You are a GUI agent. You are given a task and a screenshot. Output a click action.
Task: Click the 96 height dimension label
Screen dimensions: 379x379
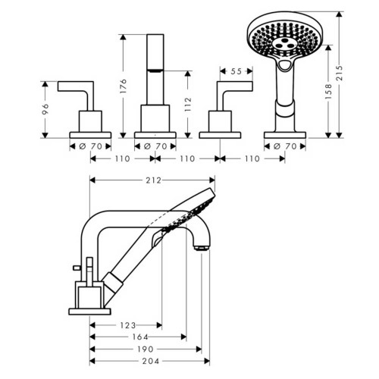pyautogui.click(x=45, y=109)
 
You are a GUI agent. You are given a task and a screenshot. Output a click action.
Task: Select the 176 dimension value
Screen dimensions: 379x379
pyautogui.click(x=123, y=86)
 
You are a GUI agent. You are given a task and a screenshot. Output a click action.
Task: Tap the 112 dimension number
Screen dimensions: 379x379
pyautogui.click(x=188, y=105)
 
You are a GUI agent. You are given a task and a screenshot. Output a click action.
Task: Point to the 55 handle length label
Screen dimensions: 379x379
pyautogui.click(x=236, y=71)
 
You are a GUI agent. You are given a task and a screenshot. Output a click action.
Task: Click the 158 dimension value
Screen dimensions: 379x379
pyautogui.click(x=328, y=92)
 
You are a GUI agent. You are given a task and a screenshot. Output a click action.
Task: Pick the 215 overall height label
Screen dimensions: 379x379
pyautogui.click(x=340, y=74)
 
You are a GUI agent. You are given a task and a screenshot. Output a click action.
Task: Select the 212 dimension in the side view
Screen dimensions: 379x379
pyautogui.click(x=153, y=180)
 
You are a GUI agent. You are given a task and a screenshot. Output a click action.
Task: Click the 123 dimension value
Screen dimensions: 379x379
pyautogui.click(x=128, y=325)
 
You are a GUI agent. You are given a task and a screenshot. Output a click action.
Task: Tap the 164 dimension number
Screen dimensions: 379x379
pyautogui.click(x=140, y=337)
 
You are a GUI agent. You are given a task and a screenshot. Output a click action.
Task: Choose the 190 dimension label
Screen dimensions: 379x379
pyautogui.click(x=146, y=349)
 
